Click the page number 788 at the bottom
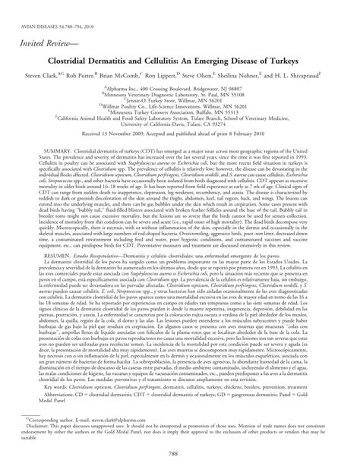point(180,454)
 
